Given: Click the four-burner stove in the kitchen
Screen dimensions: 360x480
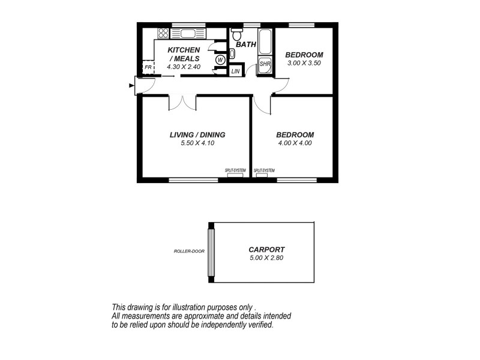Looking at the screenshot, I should click(x=163, y=34).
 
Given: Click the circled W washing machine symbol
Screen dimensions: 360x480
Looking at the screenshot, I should click(x=220, y=60).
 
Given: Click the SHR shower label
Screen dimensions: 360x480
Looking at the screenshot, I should click(x=265, y=64).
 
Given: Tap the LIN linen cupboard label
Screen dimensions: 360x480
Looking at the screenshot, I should click(x=236, y=72).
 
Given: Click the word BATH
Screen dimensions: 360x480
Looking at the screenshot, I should click(x=245, y=44).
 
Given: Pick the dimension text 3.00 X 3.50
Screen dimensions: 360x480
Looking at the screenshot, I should click(x=304, y=62).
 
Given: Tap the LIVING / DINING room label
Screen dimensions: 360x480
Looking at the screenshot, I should click(x=197, y=135).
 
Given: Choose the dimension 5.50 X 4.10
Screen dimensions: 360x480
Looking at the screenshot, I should click(x=197, y=143).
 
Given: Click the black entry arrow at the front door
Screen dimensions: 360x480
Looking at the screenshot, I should click(x=131, y=86).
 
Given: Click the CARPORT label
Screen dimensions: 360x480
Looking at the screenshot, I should click(x=266, y=250).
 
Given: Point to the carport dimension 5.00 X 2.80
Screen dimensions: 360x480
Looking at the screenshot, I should click(x=266, y=258).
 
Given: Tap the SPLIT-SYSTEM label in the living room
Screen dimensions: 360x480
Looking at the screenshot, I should click(x=235, y=170).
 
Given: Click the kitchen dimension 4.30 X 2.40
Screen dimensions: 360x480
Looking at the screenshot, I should click(x=184, y=67).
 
